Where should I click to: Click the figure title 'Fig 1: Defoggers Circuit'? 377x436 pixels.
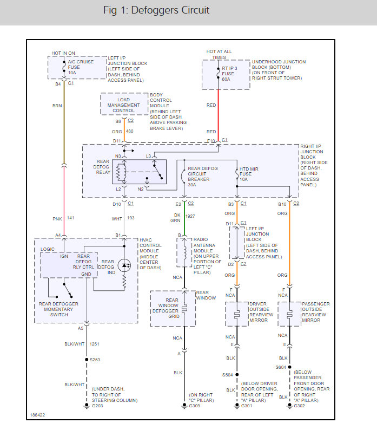(156, 10)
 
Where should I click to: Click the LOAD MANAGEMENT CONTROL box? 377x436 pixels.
(124, 103)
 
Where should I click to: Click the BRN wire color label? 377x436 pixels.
(57, 106)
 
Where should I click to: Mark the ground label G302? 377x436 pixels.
(299, 406)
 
